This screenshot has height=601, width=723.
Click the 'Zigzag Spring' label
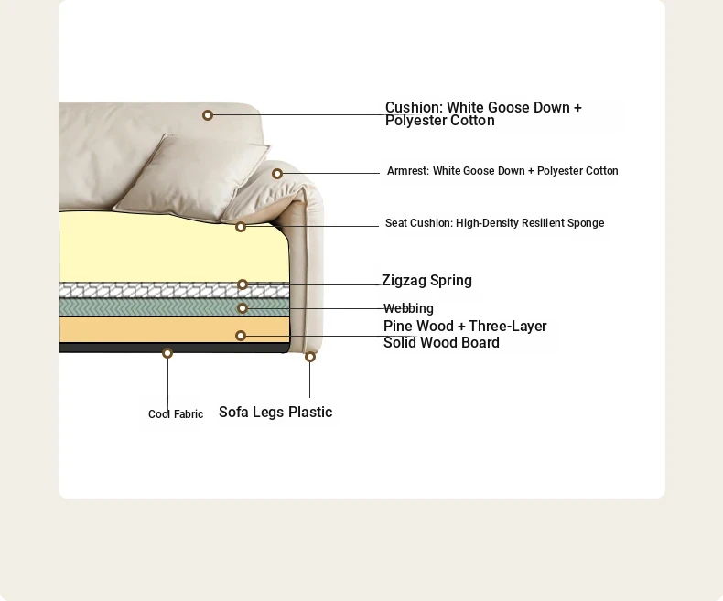(x=426, y=281)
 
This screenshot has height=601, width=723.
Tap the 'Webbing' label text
(x=408, y=308)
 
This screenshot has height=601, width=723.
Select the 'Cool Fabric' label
(x=176, y=414)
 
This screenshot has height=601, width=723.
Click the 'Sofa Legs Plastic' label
(x=275, y=413)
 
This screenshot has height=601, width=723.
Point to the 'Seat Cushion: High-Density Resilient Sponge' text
(x=494, y=223)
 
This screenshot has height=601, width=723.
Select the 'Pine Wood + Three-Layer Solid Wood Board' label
(x=465, y=335)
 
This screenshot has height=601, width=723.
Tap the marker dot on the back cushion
(x=208, y=115)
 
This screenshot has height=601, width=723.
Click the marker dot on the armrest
(x=276, y=174)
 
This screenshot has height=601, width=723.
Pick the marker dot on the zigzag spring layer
(x=243, y=284)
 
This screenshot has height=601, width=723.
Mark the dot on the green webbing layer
(x=243, y=309)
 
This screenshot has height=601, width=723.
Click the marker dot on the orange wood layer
(x=241, y=336)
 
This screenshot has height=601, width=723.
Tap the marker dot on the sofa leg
(x=310, y=357)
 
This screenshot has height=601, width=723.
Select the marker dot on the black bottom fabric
(x=167, y=353)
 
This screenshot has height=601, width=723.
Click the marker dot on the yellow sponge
(x=241, y=227)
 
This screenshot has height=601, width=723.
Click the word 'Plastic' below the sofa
(x=310, y=413)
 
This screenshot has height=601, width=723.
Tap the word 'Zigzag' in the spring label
(x=404, y=281)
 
